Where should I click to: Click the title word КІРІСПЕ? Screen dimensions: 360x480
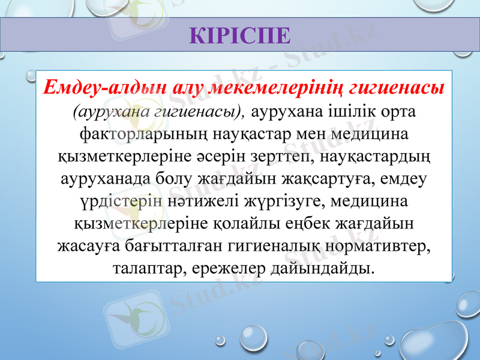click(240, 35)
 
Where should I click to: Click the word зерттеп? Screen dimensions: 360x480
click(290, 156)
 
